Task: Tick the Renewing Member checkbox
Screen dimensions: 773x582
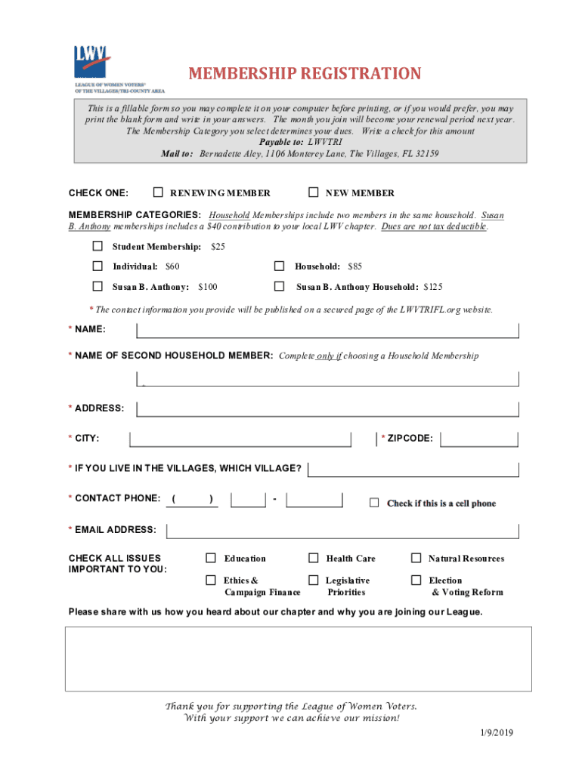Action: point(158,192)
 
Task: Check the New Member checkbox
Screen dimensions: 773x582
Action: point(314,192)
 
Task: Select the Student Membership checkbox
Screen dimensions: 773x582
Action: point(98,246)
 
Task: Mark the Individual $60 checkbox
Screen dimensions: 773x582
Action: point(98,266)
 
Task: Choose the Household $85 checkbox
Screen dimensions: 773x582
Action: point(279,266)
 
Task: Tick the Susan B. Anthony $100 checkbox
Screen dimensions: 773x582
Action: point(98,286)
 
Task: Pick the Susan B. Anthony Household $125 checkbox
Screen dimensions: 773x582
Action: point(279,286)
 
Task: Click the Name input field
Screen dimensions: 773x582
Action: point(327,331)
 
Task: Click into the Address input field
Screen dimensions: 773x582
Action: point(327,408)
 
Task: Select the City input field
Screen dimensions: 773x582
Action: point(240,439)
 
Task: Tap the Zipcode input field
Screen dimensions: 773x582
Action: point(479,439)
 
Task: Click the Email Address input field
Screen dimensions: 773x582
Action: point(342,530)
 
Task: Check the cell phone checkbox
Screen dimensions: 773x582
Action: point(374,503)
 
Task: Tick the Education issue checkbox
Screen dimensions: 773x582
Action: point(211,558)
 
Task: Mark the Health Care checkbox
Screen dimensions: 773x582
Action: point(313,558)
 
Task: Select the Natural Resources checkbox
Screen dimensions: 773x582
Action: point(416,558)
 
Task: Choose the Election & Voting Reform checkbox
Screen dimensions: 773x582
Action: point(416,580)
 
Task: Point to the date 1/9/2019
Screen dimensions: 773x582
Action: point(496,733)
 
